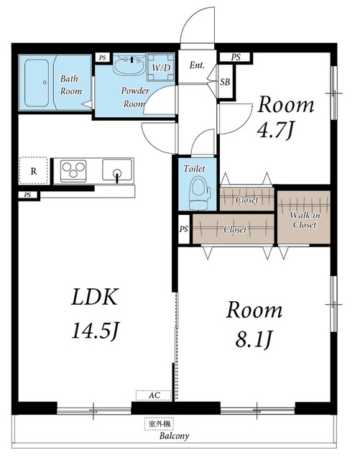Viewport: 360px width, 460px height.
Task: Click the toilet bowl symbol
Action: [200, 193]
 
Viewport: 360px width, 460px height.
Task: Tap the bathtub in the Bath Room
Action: [37, 83]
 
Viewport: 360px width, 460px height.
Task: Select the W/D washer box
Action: [160, 67]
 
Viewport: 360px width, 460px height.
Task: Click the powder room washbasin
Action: [129, 65]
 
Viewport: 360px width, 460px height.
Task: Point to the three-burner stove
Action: [73, 171]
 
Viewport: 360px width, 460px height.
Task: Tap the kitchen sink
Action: [117, 170]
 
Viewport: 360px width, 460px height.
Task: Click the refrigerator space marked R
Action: [34, 171]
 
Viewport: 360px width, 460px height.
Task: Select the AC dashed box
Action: [154, 395]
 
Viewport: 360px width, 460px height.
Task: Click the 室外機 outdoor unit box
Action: [160, 423]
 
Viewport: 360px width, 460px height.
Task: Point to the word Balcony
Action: [175, 436]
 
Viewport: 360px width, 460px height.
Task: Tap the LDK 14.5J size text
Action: [95, 313]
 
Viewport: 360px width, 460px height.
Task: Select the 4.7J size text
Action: [275, 131]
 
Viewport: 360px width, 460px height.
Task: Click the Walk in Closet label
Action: [305, 220]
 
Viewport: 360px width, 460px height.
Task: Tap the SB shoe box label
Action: [225, 82]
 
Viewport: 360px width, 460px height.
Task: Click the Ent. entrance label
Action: [197, 65]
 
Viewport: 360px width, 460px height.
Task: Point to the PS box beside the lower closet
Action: [184, 229]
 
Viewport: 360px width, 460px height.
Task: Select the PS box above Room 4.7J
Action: [236, 57]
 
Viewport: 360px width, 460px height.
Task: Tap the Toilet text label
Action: [194, 169]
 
